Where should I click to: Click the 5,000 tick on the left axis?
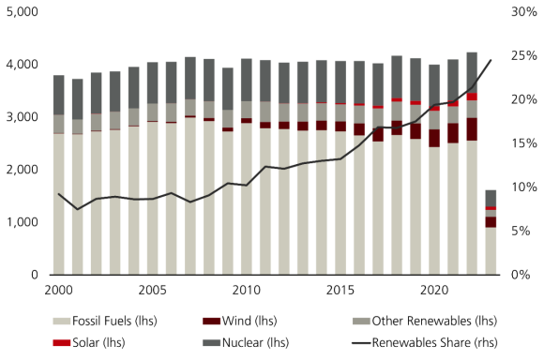point(20,12)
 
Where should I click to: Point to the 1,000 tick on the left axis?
point(20,223)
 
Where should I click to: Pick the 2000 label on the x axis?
point(59,289)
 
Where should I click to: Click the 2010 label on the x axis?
point(246,289)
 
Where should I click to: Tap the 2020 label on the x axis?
point(433,289)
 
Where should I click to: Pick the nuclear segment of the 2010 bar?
point(246,80)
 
